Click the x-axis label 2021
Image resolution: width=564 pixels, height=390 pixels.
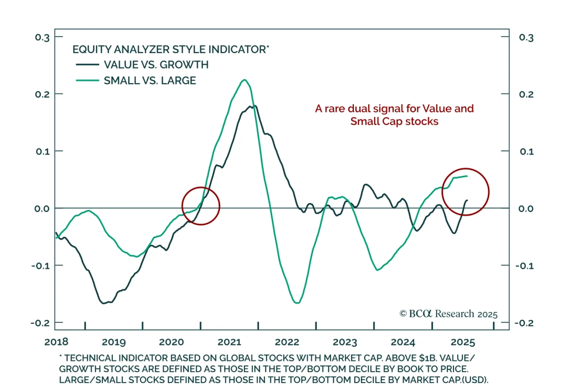(x=229, y=342)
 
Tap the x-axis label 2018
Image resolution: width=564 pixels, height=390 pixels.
(x=56, y=341)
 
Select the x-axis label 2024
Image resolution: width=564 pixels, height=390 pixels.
(x=403, y=342)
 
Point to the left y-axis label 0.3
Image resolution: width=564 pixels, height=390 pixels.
(x=42, y=37)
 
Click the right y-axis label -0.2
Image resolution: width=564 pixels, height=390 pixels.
(x=524, y=323)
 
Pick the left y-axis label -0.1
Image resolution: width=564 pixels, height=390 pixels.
(x=41, y=266)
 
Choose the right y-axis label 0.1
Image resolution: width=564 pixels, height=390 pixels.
(x=527, y=151)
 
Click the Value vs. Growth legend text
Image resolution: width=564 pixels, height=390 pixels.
(x=156, y=65)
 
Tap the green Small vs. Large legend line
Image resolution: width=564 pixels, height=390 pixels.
(x=87, y=80)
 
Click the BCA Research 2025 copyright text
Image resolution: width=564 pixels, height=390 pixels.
(x=448, y=314)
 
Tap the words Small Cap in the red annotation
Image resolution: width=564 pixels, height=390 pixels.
(x=376, y=122)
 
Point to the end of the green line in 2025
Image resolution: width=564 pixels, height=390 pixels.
(x=467, y=176)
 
